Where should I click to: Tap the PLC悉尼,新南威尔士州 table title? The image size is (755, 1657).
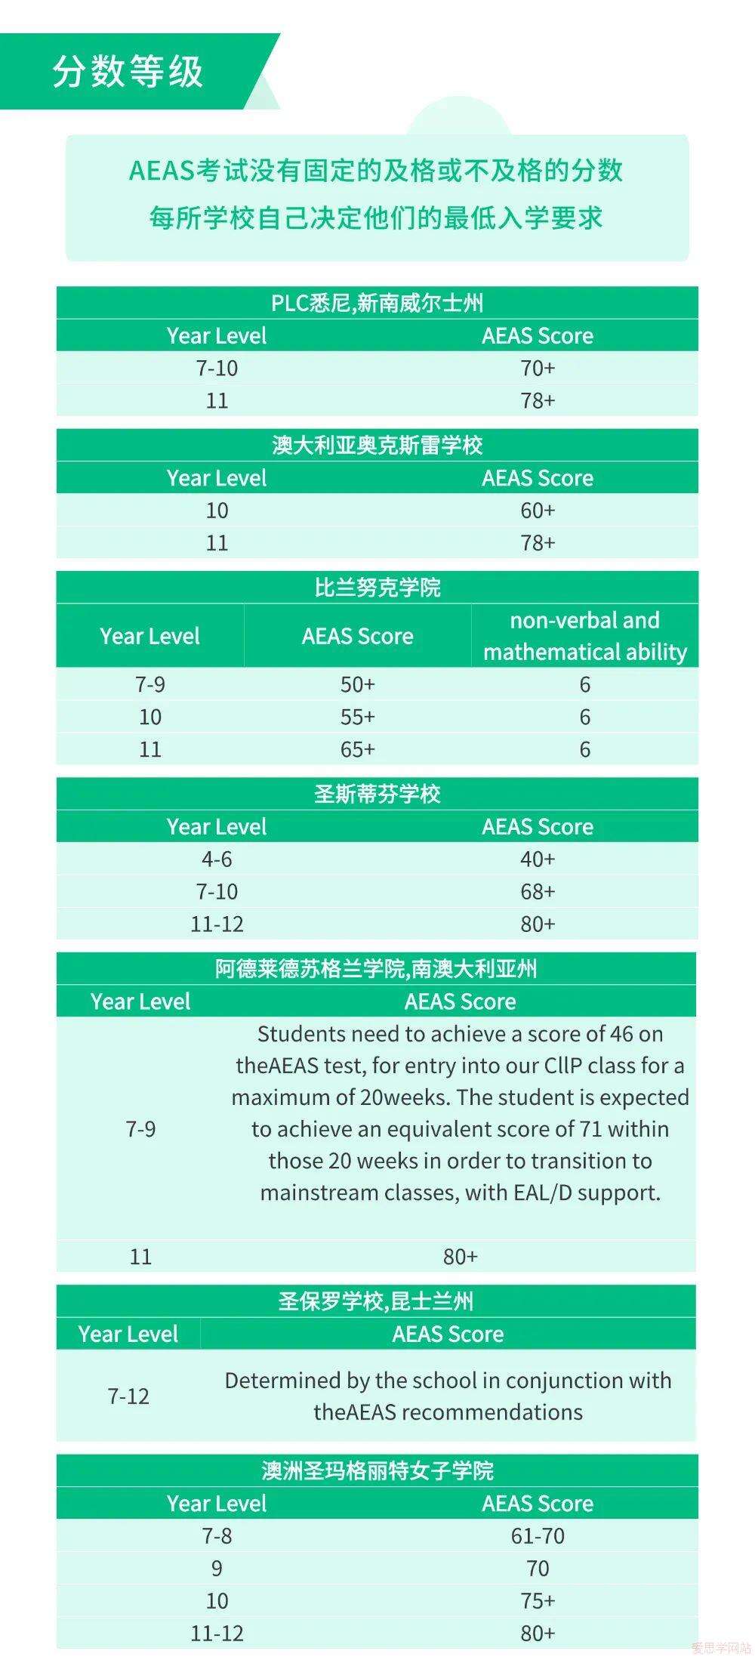(x=377, y=303)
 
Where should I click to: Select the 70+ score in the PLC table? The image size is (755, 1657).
(x=538, y=368)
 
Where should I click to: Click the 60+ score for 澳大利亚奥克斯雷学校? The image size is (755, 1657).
(x=538, y=511)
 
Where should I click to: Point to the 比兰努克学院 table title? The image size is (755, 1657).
(x=377, y=588)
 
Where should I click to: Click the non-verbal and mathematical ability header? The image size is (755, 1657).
(x=584, y=636)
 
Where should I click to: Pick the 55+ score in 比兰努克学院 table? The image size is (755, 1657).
(x=357, y=717)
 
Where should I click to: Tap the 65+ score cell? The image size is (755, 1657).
(x=357, y=749)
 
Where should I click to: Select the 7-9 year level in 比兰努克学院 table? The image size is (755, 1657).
(x=149, y=684)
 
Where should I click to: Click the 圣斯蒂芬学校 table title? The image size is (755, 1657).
(x=377, y=794)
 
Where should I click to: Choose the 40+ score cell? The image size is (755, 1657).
(x=538, y=859)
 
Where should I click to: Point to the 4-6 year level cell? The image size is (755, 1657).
(x=217, y=859)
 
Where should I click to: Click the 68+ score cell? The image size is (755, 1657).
(x=538, y=891)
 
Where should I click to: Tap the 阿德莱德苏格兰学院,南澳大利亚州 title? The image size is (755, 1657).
(x=376, y=969)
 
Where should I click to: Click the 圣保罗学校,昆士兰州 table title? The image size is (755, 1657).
(x=376, y=1301)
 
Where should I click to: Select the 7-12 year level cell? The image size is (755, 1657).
(x=128, y=1396)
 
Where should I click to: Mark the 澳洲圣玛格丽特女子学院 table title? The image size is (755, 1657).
(x=377, y=1470)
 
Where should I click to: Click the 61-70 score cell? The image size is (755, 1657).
(x=538, y=1535)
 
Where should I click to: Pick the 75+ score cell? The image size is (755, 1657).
(x=538, y=1600)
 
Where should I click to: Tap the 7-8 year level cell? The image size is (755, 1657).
(x=217, y=1535)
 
